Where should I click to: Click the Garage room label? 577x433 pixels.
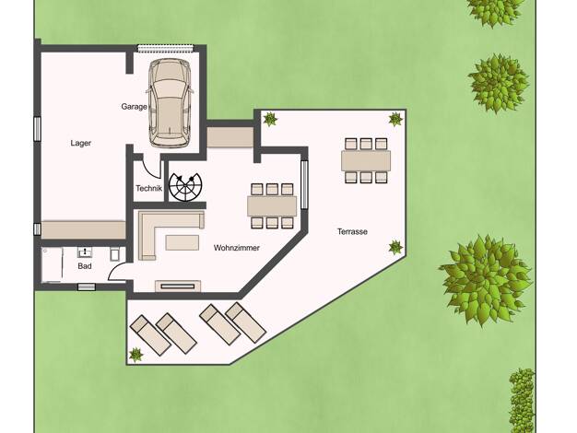(134, 107)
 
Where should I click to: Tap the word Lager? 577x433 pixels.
(80, 143)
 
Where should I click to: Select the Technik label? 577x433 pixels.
(148, 188)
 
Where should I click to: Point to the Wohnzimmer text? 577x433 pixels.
(237, 248)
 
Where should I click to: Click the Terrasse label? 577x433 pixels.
(352, 232)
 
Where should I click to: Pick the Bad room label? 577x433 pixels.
(84, 266)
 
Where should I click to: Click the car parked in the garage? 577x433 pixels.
(169, 103)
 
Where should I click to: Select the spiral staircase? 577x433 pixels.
(185, 187)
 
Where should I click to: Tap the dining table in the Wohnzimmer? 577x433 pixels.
(272, 206)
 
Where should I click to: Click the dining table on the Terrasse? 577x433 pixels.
(366, 161)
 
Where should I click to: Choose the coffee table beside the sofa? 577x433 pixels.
(183, 243)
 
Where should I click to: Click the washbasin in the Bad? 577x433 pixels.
(85, 252)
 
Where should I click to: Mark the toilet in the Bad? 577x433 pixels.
(115, 254)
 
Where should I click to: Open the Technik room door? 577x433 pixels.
(151, 168)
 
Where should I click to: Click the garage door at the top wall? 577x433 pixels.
(165, 48)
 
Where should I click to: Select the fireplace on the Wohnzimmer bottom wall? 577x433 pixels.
(178, 286)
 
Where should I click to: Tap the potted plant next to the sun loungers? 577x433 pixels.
(135, 355)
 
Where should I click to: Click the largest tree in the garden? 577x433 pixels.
(487, 280)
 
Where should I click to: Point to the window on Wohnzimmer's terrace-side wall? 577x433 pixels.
(304, 185)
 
